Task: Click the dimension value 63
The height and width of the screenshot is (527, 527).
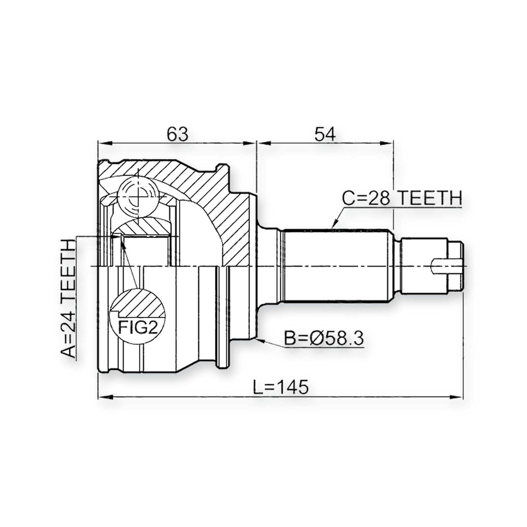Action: [x=177, y=134]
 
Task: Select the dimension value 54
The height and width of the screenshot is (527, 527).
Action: [x=325, y=134]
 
